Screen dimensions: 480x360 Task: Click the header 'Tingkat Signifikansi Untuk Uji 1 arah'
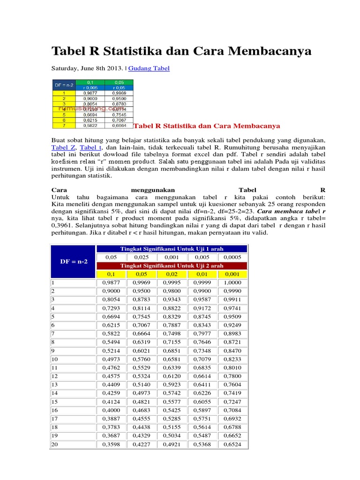[172, 248]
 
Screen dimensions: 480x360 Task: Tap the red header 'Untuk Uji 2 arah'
[172, 266]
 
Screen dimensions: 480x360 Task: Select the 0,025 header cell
[142, 257]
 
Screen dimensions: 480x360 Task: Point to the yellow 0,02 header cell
[172, 274]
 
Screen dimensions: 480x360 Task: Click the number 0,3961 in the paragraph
[62, 225]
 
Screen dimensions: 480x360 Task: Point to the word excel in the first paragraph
[199, 155]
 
